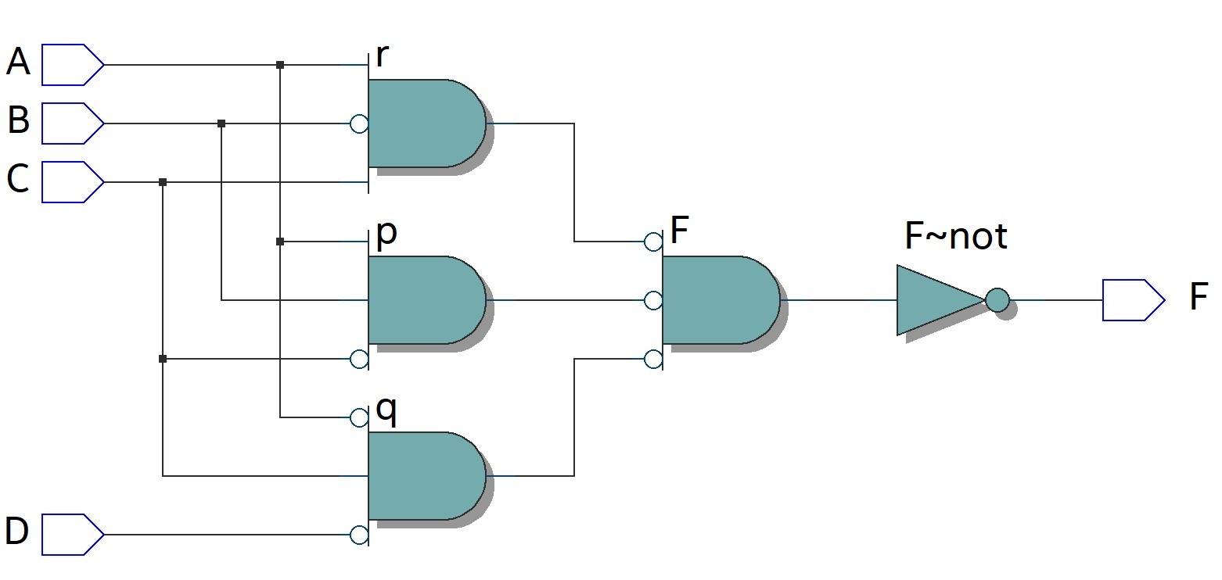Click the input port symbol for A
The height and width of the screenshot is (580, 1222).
(x=73, y=65)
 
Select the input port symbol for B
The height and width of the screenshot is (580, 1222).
(x=73, y=124)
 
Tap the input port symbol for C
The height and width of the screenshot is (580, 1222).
(x=73, y=182)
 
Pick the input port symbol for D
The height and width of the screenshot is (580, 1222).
(x=73, y=534)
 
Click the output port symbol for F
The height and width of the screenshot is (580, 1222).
(x=1134, y=300)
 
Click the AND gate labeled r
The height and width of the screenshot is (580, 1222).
(x=426, y=124)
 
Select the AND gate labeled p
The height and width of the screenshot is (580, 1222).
(x=426, y=300)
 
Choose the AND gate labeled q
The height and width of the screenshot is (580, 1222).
(x=426, y=476)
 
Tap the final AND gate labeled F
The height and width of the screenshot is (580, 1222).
(x=721, y=300)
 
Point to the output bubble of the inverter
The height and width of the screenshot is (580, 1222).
(x=997, y=300)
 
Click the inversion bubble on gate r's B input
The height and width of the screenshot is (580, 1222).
(x=359, y=124)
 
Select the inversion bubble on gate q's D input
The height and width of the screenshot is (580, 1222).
(x=359, y=535)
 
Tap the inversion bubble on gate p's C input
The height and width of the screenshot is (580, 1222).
(x=359, y=359)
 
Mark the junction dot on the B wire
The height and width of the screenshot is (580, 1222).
(x=221, y=124)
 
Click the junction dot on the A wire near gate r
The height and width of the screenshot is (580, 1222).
(x=280, y=65)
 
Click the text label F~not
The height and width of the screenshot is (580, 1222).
(x=956, y=235)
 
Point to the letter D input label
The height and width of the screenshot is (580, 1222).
(x=17, y=531)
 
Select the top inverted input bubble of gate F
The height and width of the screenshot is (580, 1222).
(x=653, y=242)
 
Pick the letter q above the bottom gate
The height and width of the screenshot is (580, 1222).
(x=386, y=410)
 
